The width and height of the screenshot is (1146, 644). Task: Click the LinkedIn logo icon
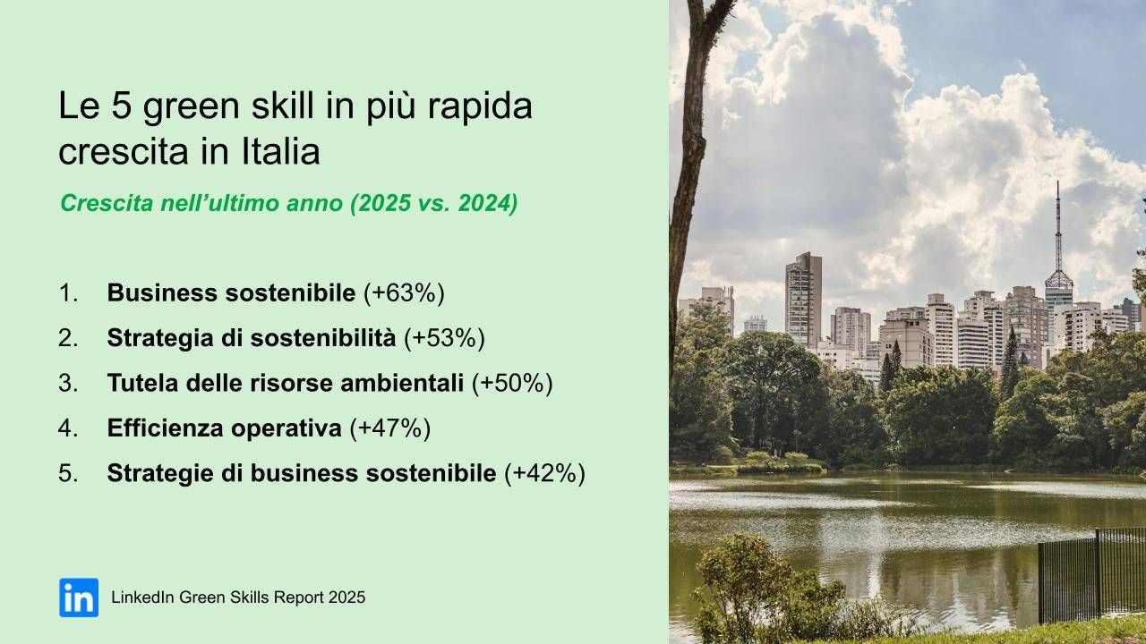79,597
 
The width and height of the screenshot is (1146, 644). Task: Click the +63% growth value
404,292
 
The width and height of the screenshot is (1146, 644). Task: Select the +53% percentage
444,338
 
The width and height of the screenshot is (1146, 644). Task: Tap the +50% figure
512,384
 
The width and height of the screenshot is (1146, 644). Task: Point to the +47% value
390,428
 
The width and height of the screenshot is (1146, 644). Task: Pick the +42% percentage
544,474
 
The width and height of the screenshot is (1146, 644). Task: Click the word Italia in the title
279,152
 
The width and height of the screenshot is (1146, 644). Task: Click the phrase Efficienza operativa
224,428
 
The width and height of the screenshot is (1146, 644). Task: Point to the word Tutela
138,384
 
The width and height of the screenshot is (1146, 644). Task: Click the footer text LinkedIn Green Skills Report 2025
238,597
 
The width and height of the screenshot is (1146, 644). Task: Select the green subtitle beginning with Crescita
288,204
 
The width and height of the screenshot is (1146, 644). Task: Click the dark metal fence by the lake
1092,572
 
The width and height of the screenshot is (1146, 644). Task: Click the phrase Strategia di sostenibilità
251,338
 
